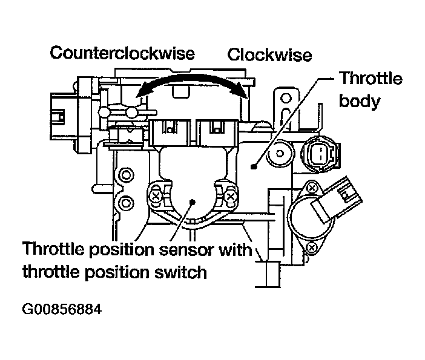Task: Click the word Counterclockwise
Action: (x=122, y=53)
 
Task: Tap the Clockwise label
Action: (x=269, y=56)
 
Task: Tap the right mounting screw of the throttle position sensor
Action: (x=231, y=195)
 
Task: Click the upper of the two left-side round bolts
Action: (x=127, y=176)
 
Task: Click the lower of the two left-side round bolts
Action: (x=127, y=201)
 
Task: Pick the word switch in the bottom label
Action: (x=182, y=272)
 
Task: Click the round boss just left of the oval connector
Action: (x=280, y=154)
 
